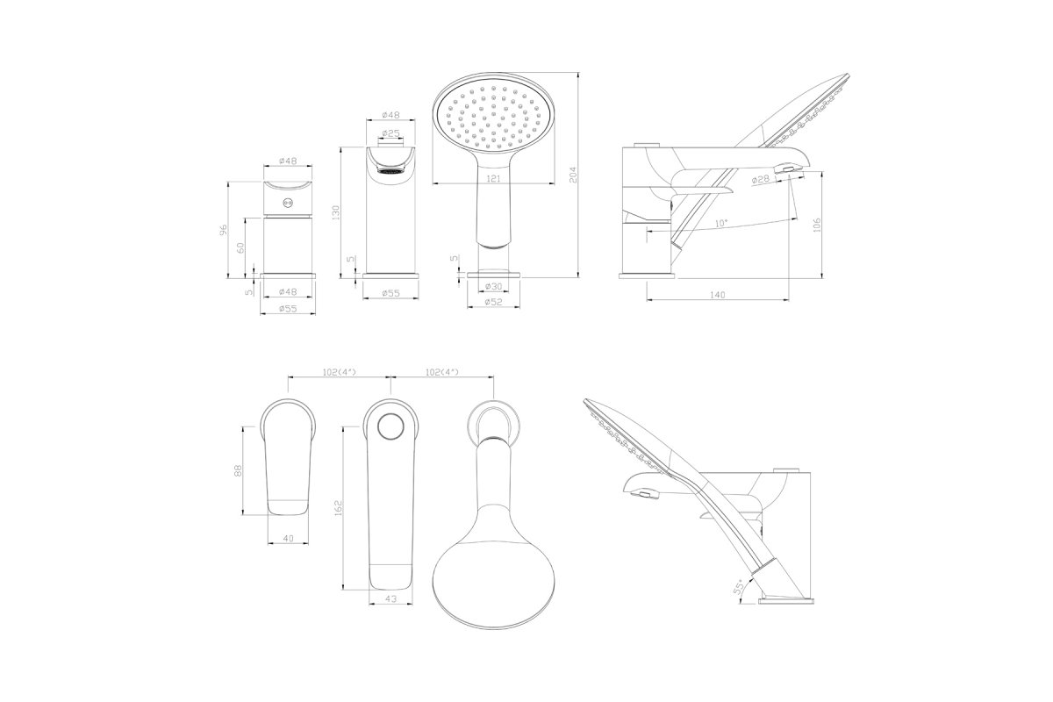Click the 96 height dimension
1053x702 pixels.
225,229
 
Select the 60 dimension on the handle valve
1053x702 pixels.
240,247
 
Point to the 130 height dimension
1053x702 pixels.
336,213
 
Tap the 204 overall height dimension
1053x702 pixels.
572,175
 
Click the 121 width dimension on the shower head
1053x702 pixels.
493,179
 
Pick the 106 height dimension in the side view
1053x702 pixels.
816,225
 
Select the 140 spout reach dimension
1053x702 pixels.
718,295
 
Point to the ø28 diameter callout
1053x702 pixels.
761,179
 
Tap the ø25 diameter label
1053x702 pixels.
391,133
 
